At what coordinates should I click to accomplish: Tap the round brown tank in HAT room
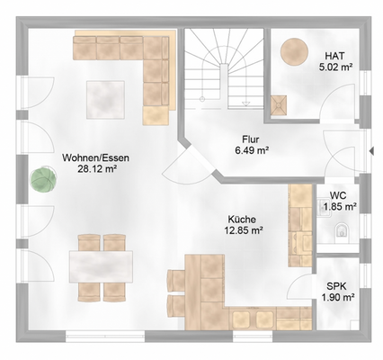pos(294,51)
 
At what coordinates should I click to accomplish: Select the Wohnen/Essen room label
pos(95,157)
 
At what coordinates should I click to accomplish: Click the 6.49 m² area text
pos(252,150)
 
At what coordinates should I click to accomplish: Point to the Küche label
pos(242,220)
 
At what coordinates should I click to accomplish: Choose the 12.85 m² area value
pos(244,230)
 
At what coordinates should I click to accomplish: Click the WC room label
pos(338,196)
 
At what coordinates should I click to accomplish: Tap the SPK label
pos(337,286)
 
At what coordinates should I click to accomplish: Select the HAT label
pos(334,56)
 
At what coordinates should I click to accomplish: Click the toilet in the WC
pos(341,230)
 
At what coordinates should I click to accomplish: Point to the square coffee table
pos(105,100)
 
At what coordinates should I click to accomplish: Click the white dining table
pos(101,266)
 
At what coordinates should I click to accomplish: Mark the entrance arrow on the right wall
pos(372,151)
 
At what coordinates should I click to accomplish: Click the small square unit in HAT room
pos(279,105)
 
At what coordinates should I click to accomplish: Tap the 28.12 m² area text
pos(97,169)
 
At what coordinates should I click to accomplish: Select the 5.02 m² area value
pos(335,67)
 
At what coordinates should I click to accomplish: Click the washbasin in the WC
pos(322,208)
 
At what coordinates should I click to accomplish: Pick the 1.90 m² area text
pos(338,297)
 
